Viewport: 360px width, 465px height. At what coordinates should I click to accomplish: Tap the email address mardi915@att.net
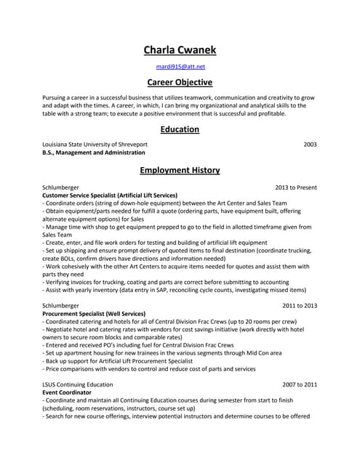point(180,66)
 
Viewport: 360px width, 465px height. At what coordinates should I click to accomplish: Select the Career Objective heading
point(180,82)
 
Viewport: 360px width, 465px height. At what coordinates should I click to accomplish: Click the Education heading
point(180,129)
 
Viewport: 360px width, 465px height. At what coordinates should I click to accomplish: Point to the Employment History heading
point(180,170)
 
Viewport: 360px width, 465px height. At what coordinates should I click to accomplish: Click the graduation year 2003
point(310,145)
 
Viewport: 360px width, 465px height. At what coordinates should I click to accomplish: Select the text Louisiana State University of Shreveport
point(95,145)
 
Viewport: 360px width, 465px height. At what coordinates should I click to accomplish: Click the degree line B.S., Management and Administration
point(94,153)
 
